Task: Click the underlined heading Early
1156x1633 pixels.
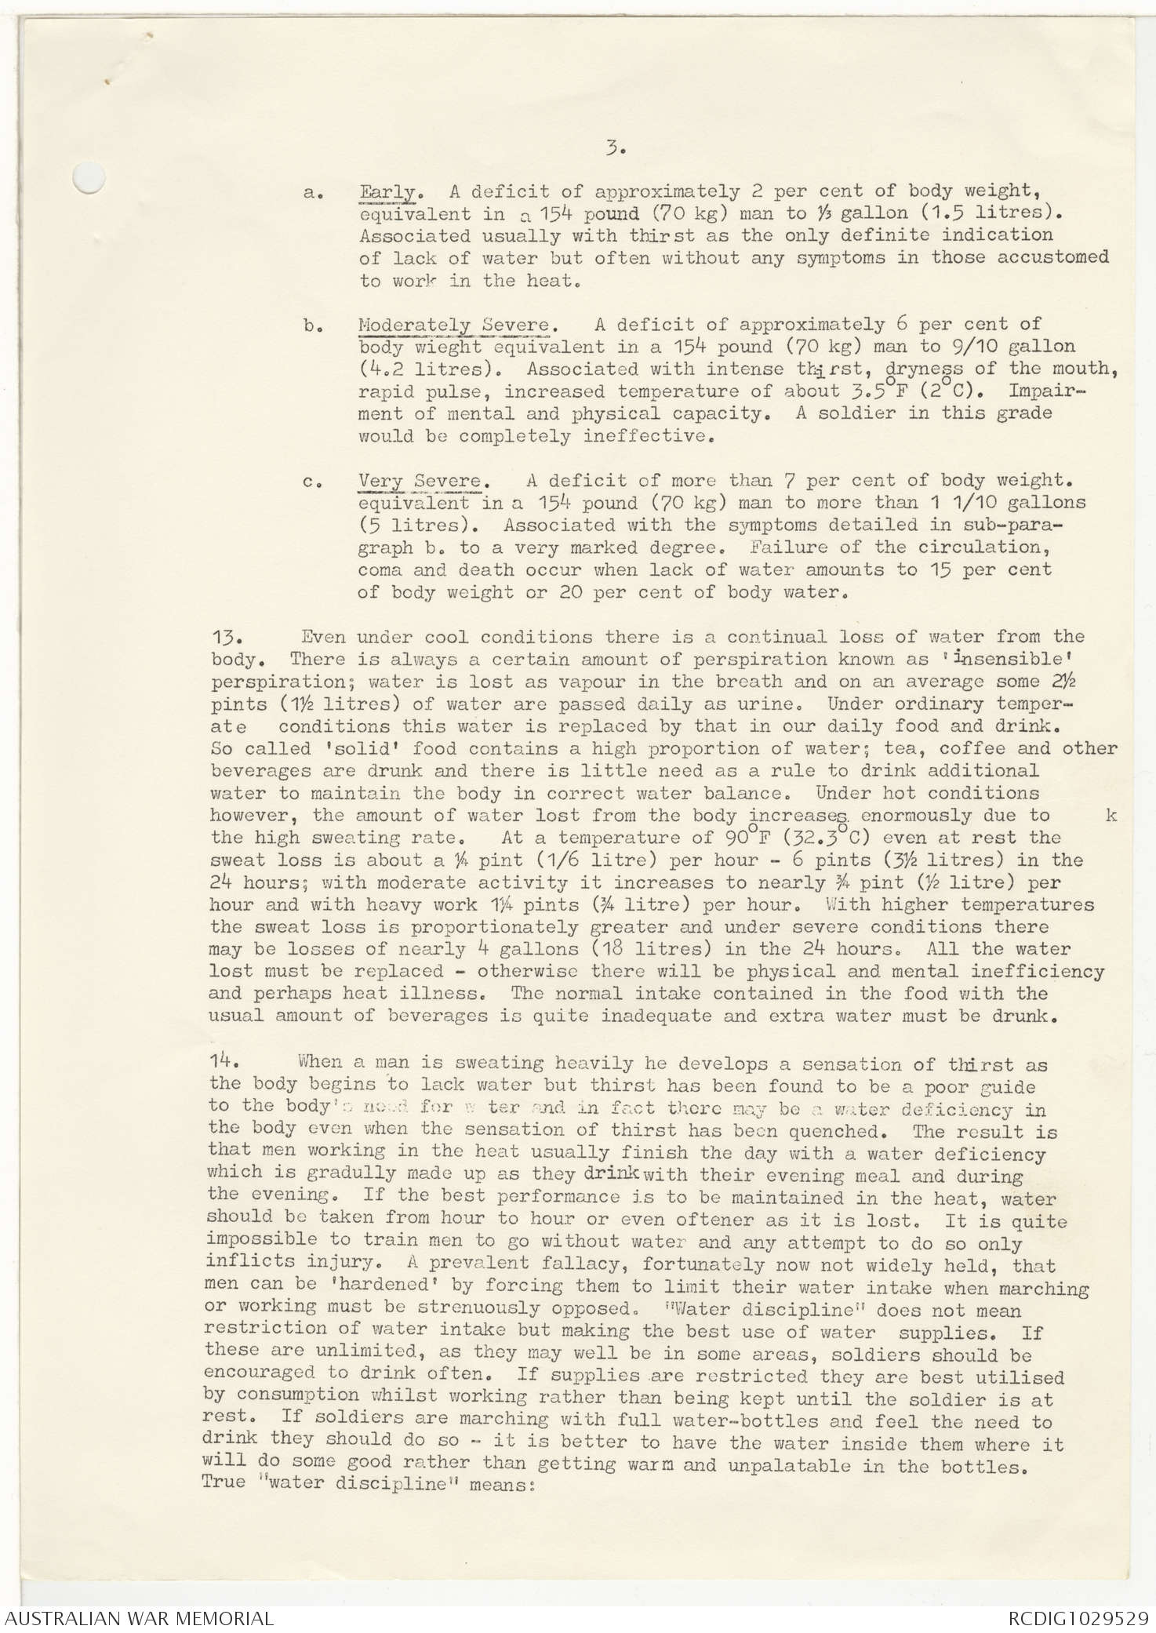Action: coord(387,191)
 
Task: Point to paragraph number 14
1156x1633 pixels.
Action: coord(224,1061)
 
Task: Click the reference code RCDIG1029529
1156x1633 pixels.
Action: coord(1080,1618)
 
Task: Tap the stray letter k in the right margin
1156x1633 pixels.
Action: coord(1111,816)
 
